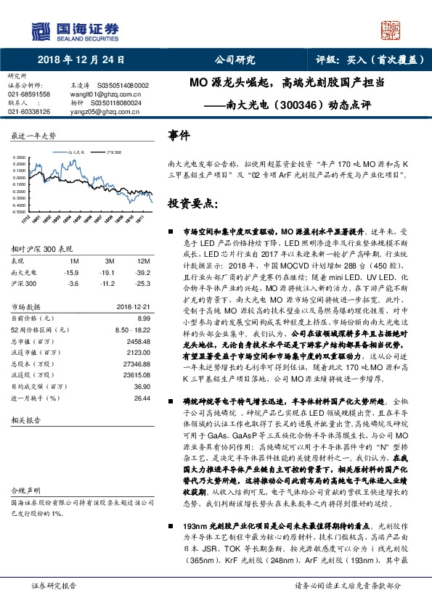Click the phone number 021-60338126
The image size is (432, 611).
coord(30,112)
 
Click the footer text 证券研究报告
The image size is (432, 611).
coord(51,603)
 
